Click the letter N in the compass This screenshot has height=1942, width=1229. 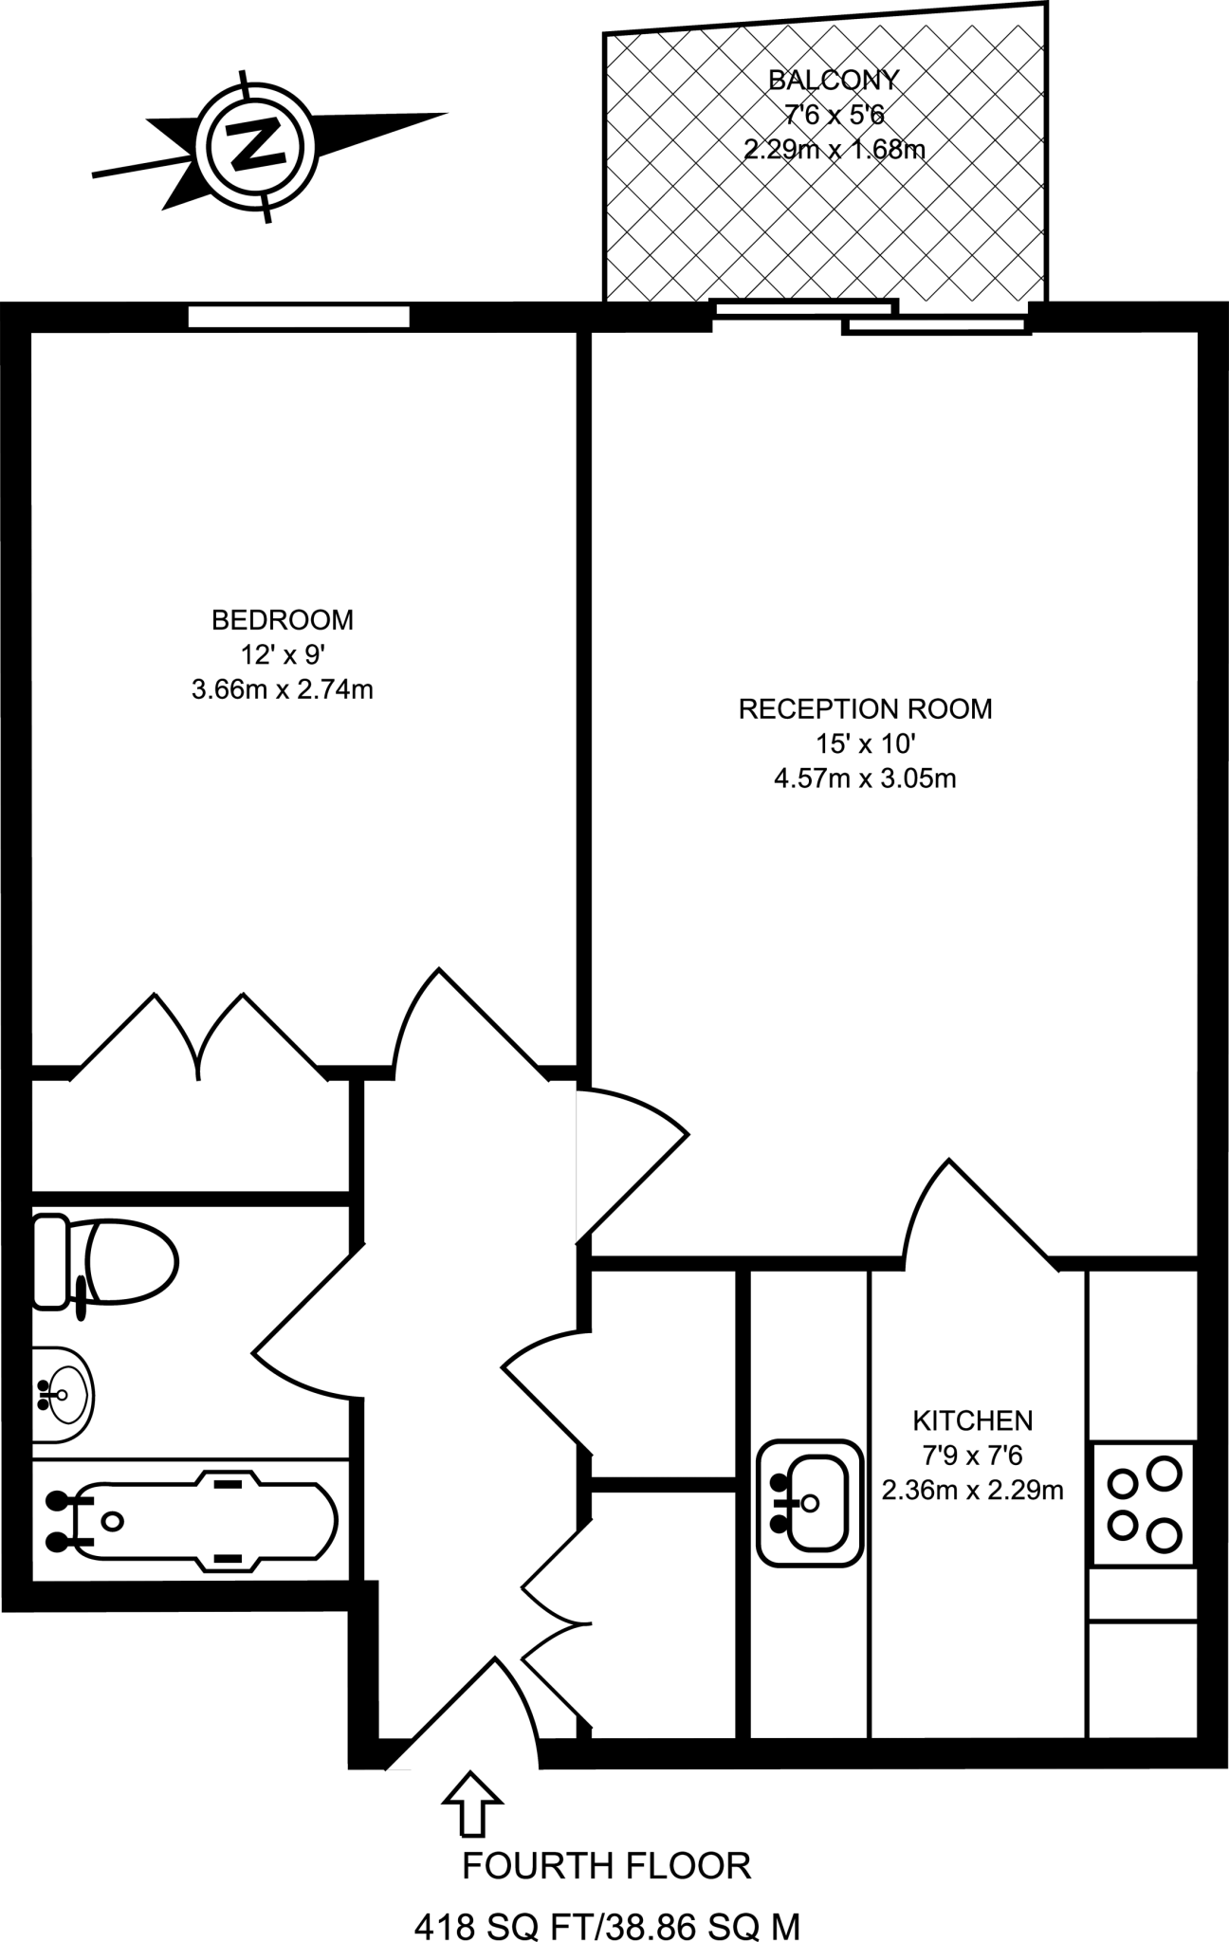[x=254, y=145]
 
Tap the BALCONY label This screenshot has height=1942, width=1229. [x=833, y=80]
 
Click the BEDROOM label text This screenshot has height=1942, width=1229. [x=283, y=620]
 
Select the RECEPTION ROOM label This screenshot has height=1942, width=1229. [x=865, y=709]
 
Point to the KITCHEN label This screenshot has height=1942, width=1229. [x=972, y=1420]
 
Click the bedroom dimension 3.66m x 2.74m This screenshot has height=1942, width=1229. [x=283, y=689]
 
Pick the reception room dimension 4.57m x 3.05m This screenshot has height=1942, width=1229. [x=865, y=779]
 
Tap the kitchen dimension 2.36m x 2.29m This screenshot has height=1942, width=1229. [x=972, y=1490]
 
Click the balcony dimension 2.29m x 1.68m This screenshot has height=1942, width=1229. [x=835, y=149]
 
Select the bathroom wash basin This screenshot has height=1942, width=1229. [x=63, y=1394]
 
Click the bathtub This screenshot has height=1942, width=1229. [x=190, y=1522]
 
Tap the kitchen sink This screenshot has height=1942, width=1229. [x=810, y=1502]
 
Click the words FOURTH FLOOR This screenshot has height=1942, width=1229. [x=607, y=1866]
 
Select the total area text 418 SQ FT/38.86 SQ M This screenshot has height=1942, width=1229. [x=607, y=1925]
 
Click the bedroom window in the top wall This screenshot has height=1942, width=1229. [x=299, y=316]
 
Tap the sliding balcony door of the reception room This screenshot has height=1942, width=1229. [x=871, y=317]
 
